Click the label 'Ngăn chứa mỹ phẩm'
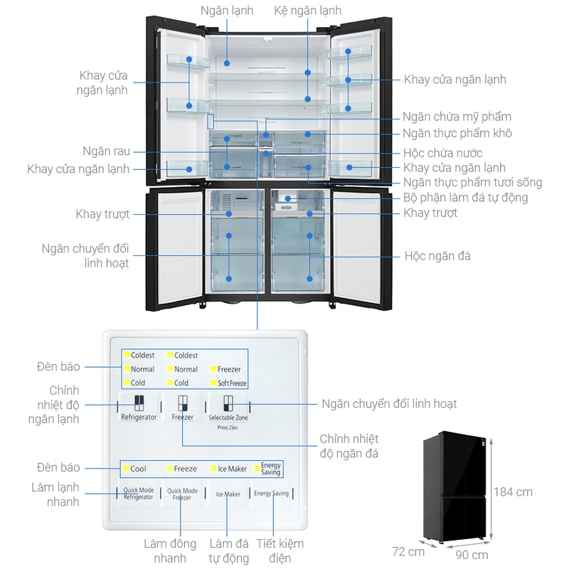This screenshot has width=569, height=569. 457,117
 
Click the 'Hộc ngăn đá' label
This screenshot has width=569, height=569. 437,255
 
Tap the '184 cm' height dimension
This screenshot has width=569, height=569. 512,491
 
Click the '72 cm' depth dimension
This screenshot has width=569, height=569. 408,551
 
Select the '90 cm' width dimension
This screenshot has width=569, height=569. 471,555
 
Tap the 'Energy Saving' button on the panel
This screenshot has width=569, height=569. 271,494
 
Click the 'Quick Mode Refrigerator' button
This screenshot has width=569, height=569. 138,494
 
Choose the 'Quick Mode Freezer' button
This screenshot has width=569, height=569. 183,494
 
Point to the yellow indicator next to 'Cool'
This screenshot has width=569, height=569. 125,469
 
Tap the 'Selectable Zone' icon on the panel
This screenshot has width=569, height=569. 228,404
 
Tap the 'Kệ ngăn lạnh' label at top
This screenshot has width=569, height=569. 308,11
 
